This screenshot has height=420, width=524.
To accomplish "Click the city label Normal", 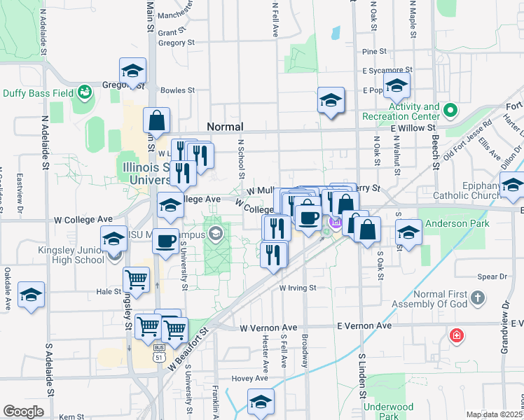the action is [225, 127].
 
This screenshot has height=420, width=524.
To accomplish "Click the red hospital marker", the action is [457, 336].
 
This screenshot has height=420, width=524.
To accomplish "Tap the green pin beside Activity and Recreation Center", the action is [450, 110].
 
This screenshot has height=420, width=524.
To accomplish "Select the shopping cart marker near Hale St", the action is [137, 279].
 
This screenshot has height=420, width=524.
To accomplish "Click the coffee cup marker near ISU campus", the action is [165, 241].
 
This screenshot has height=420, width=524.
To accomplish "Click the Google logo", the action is [23, 412].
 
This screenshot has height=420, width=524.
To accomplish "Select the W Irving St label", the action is [298, 288].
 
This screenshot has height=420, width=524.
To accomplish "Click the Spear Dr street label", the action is [491, 277].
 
